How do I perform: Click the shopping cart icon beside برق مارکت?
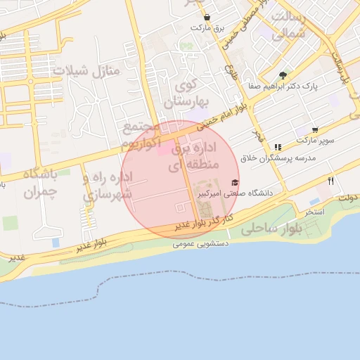click(207, 16)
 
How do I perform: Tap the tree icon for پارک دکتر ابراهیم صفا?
click(283, 75)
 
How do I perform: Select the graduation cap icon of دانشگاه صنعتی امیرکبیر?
click(235, 183)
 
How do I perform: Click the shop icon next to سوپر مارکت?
click(314, 130)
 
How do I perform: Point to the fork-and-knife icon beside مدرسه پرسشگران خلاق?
click(278, 147)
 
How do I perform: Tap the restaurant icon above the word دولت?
click(330, 181)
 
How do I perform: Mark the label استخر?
click(314, 211)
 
